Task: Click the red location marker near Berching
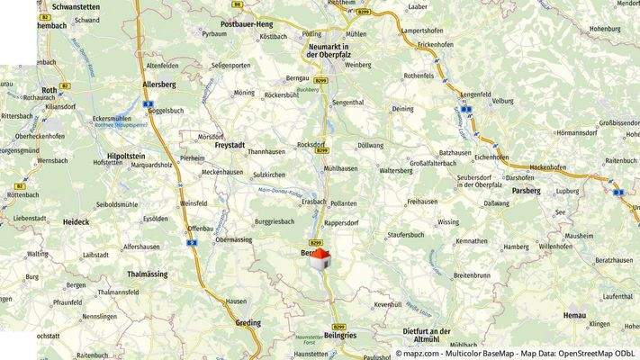(321, 259)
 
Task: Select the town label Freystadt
(230, 144)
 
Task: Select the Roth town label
(50, 91)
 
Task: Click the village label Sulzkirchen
(269, 174)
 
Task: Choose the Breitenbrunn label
(472, 274)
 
